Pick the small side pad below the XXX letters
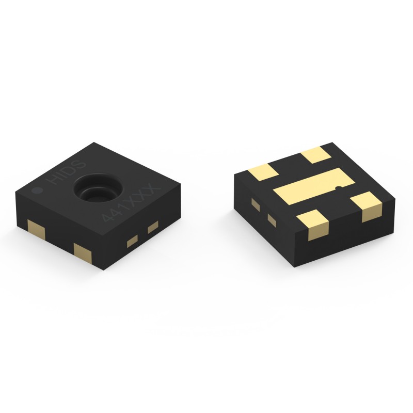click(152, 227)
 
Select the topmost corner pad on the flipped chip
click(315, 154)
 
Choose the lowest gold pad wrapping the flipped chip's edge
click(314, 225)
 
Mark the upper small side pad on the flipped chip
click(255, 204)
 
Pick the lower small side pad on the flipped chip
click(272, 220)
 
